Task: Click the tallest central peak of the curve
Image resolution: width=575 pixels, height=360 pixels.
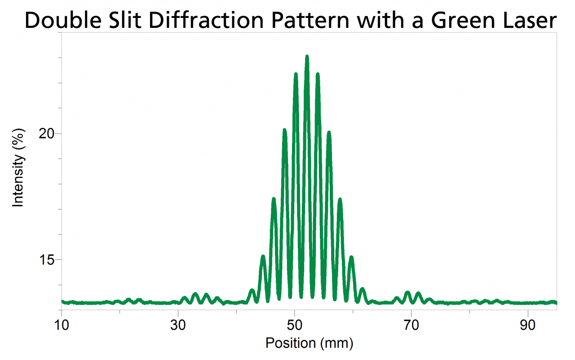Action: pos(307,57)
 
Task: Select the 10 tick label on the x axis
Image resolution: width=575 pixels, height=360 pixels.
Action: pos(62,324)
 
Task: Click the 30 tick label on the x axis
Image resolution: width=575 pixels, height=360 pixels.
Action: pos(178,324)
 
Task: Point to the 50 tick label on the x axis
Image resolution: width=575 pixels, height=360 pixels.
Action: pos(294,324)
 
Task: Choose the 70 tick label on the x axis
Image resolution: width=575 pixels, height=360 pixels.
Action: pos(411,324)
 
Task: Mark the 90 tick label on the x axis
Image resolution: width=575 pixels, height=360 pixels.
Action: pos(527,324)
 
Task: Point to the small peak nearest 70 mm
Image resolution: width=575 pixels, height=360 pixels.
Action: pos(407,293)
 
